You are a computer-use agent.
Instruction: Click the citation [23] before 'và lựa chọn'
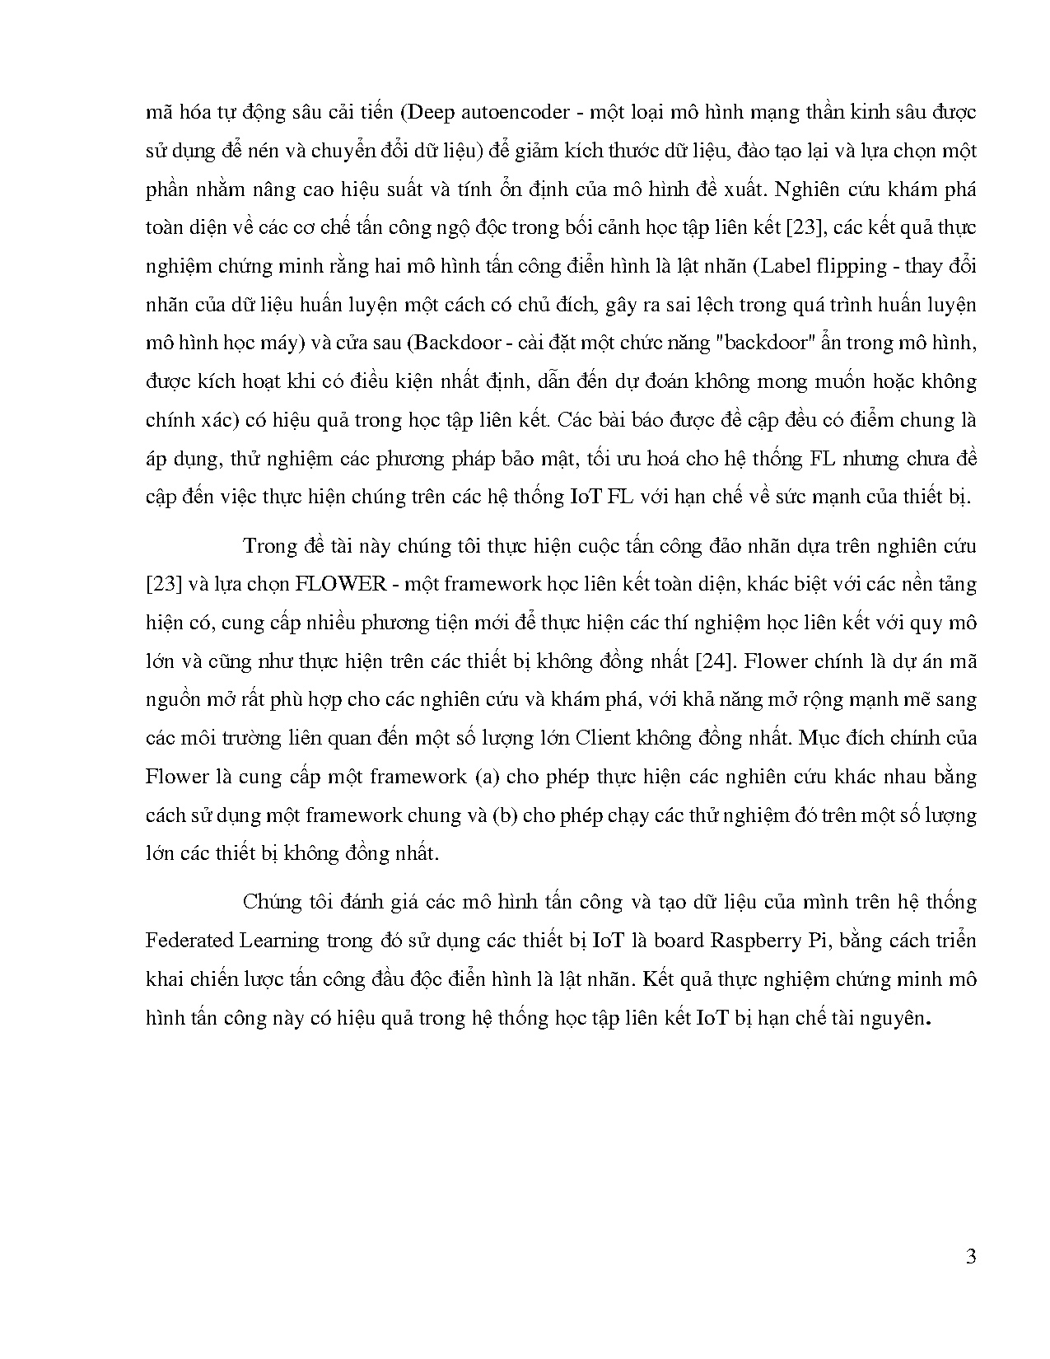tap(162, 584)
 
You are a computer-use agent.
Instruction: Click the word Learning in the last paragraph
tap(268, 941)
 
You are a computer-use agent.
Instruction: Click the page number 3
tap(970, 1257)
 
